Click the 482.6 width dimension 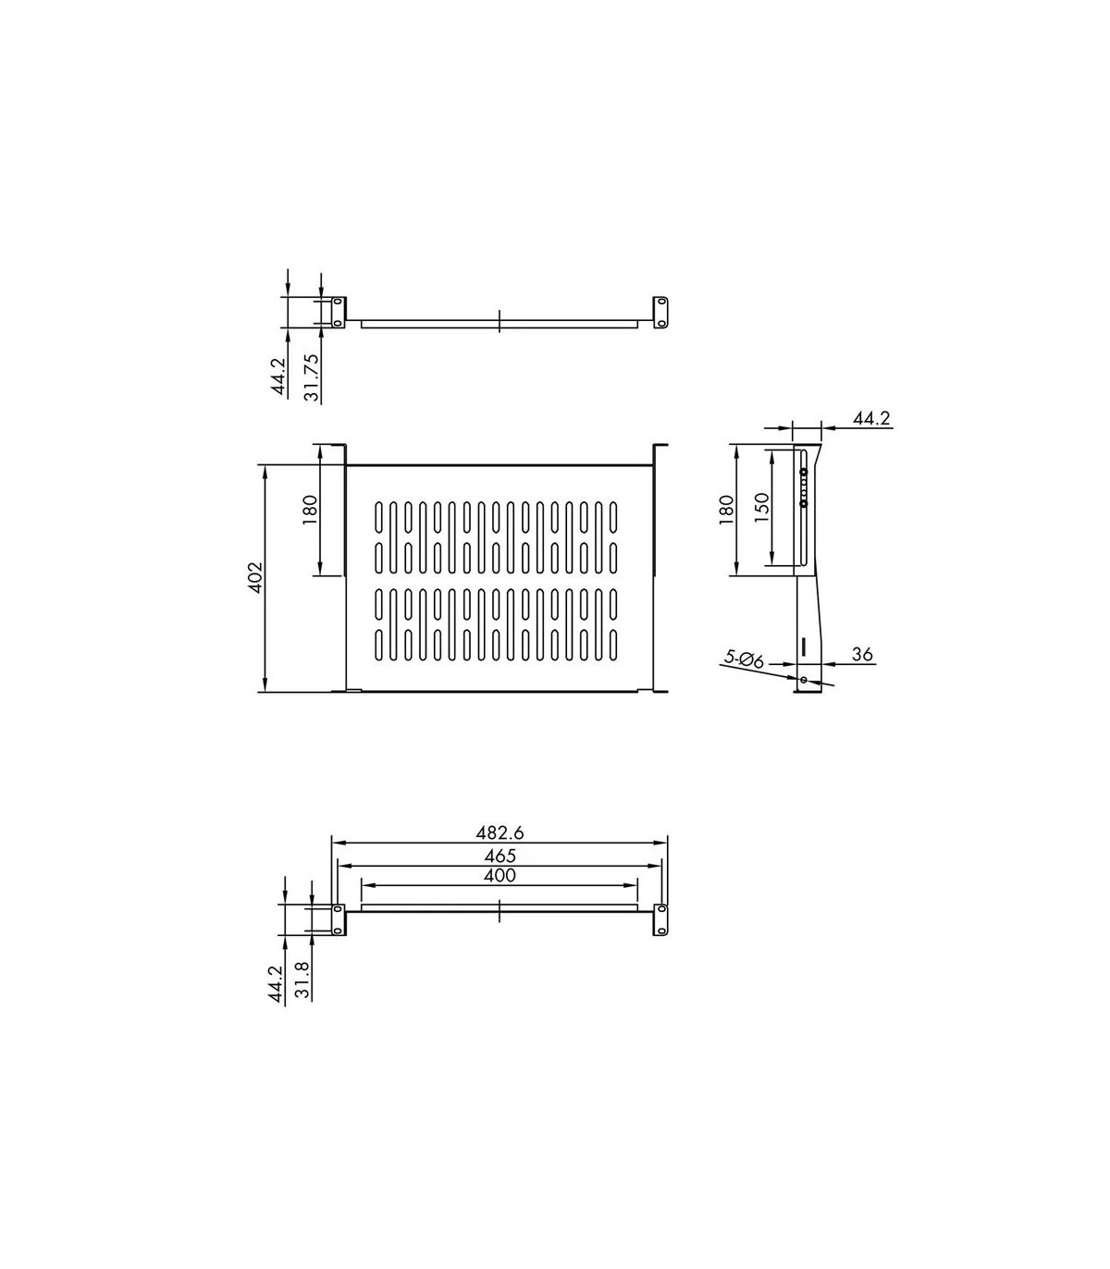[x=499, y=832]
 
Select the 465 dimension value [x=499, y=856]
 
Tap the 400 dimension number [x=499, y=876]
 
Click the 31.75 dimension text [x=313, y=377]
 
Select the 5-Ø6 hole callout [x=744, y=659]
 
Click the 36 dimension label [x=862, y=655]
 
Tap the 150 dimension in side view [x=761, y=507]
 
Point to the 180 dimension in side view [x=726, y=510]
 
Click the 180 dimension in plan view [x=310, y=510]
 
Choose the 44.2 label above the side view [x=870, y=419]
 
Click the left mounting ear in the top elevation [x=338, y=311]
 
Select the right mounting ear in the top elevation [x=661, y=311]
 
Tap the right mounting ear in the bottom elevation [x=661, y=919]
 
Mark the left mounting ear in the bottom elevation [x=338, y=919]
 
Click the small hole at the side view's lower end [x=803, y=680]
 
